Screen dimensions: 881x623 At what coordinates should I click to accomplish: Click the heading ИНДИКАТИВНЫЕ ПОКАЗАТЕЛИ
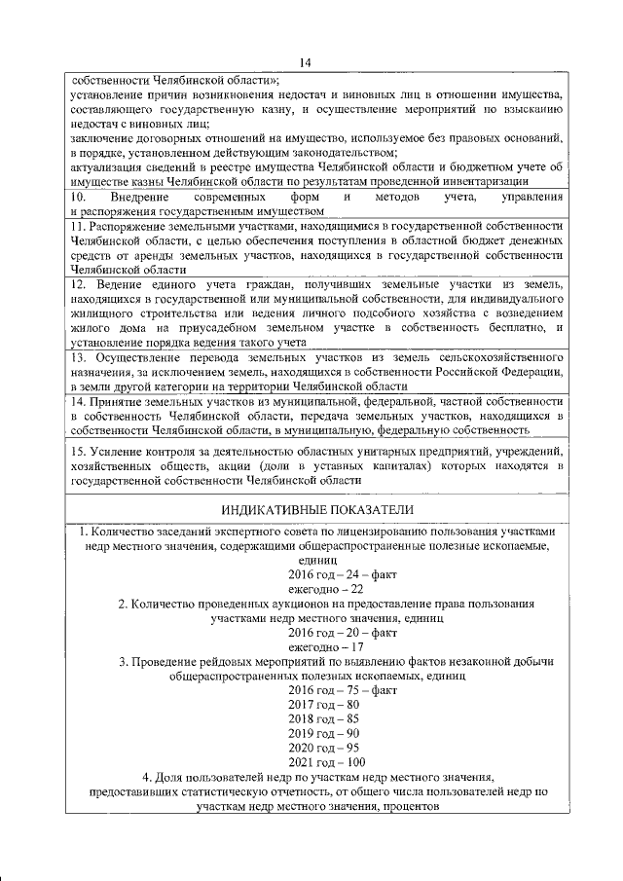(x=317, y=510)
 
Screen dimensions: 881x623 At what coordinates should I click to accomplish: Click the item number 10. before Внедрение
(x=80, y=198)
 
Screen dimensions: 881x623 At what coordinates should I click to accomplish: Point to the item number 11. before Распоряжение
(x=80, y=226)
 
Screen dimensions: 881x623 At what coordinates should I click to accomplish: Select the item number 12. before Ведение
(x=80, y=283)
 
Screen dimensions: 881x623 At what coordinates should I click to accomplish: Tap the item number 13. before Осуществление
(x=80, y=357)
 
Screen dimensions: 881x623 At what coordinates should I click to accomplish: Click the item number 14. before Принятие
(x=80, y=401)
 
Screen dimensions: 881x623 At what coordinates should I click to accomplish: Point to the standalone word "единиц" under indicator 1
(x=318, y=562)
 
